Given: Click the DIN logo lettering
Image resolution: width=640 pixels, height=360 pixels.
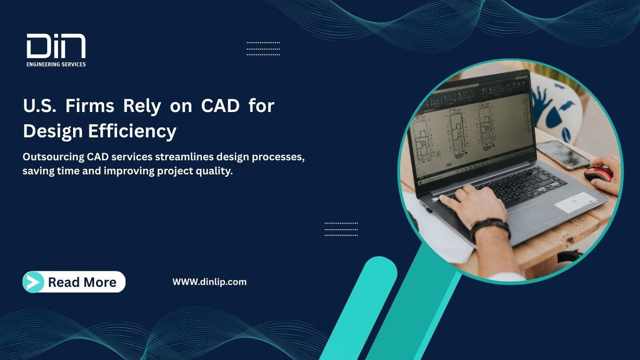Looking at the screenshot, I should pyautogui.click(x=56, y=46).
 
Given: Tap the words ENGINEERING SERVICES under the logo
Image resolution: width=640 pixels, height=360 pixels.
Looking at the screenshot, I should pyautogui.click(x=56, y=64).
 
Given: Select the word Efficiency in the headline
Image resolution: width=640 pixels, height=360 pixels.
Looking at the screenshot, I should pyautogui.click(x=132, y=131).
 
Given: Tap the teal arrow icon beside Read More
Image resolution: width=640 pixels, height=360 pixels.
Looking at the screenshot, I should pyautogui.click(x=33, y=282).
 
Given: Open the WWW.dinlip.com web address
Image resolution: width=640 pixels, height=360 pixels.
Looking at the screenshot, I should pyautogui.click(x=209, y=282).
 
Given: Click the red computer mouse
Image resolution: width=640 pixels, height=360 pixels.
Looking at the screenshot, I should pyautogui.click(x=598, y=174).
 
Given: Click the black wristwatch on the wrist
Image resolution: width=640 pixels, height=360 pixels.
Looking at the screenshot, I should pyautogui.click(x=490, y=228).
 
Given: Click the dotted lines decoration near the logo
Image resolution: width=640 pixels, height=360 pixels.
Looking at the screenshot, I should pyautogui.click(x=263, y=49).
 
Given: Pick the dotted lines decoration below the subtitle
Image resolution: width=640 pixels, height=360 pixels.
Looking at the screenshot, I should pyautogui.click(x=341, y=229).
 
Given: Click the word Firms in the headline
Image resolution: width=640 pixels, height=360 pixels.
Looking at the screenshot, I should pyautogui.click(x=89, y=106).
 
